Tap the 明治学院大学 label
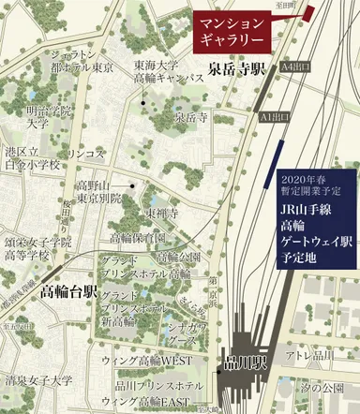[37, 116]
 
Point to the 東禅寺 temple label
[161, 213]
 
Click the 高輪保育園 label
[138, 238]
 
